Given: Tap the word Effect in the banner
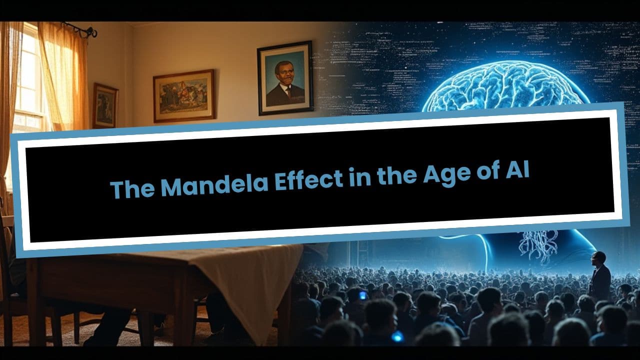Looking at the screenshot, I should point(307,180).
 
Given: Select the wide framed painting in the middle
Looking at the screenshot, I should point(183,95).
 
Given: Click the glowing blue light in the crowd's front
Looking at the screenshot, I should point(397,336).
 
